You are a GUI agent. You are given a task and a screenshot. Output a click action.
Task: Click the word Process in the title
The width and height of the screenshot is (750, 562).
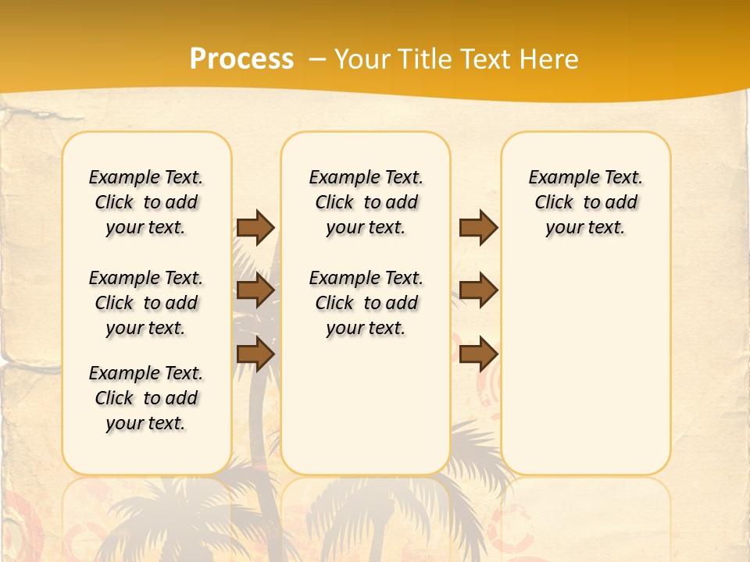pyautogui.click(x=241, y=59)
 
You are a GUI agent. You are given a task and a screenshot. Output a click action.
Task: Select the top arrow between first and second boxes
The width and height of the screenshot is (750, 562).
pyautogui.click(x=255, y=227)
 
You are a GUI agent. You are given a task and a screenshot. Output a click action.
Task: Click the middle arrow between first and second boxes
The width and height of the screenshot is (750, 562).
pyautogui.click(x=255, y=290)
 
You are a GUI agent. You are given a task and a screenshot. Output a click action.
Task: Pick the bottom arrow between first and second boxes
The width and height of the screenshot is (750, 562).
pyautogui.click(x=255, y=354)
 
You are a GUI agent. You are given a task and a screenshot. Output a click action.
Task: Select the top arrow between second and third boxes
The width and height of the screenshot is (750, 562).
pyautogui.click(x=478, y=227)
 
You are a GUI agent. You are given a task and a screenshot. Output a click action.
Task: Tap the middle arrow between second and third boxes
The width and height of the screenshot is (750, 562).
pyautogui.click(x=478, y=290)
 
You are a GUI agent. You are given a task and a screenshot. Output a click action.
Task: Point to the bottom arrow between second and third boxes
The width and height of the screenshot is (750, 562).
pyautogui.click(x=478, y=354)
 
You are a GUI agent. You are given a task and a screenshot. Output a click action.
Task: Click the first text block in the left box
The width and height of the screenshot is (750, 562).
pyautogui.click(x=146, y=202)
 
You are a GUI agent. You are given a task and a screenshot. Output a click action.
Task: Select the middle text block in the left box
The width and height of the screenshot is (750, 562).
pyautogui.click(x=146, y=303)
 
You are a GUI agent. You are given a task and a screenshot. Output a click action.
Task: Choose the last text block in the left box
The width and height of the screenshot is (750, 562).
pyautogui.click(x=146, y=398)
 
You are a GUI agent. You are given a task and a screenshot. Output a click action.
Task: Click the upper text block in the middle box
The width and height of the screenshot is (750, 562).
pyautogui.click(x=366, y=202)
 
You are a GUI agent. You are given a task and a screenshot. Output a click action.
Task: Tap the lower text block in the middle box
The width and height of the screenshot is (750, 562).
pyautogui.click(x=366, y=303)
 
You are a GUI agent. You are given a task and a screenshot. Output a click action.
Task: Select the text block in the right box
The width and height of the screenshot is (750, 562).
pyautogui.click(x=586, y=202)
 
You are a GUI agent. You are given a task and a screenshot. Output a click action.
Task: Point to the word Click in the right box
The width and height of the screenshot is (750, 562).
pyautogui.click(x=554, y=202)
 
